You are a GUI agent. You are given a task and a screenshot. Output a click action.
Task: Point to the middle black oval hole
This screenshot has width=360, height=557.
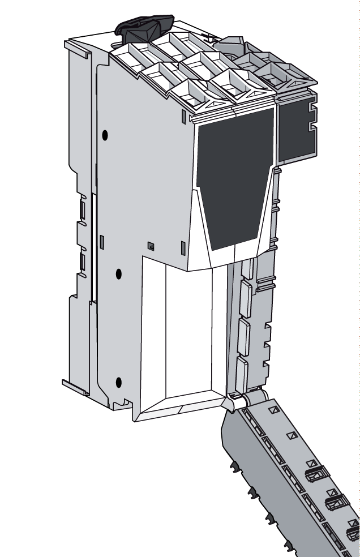pos(118,274)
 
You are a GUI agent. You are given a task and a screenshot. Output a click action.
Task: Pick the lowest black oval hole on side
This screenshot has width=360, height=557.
pos(118,382)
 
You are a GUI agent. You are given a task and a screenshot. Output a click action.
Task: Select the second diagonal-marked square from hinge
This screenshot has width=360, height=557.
pos(292,435)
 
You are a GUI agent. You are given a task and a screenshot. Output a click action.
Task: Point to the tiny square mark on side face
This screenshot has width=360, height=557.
pos(151,246)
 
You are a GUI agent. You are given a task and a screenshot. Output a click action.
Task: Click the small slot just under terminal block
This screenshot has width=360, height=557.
pos(183,116)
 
